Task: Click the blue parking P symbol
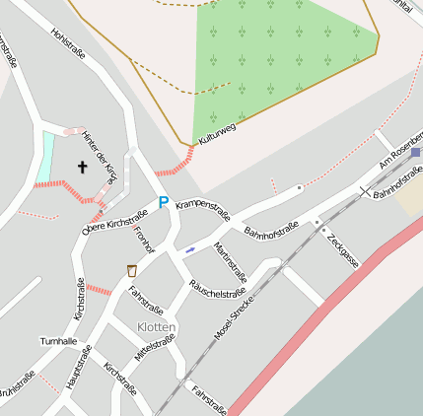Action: point(164,202)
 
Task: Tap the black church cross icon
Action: point(82,168)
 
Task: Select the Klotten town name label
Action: point(157,326)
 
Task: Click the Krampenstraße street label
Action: point(202,210)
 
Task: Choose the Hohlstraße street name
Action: point(68,43)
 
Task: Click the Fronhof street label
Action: point(144,240)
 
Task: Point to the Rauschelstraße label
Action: point(216,289)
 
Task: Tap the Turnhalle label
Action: point(58,341)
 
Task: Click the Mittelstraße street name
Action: point(155,351)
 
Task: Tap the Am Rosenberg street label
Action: point(399,158)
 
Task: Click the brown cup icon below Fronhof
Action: point(131,269)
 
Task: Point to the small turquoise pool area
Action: point(45,156)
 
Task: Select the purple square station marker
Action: point(416,153)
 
